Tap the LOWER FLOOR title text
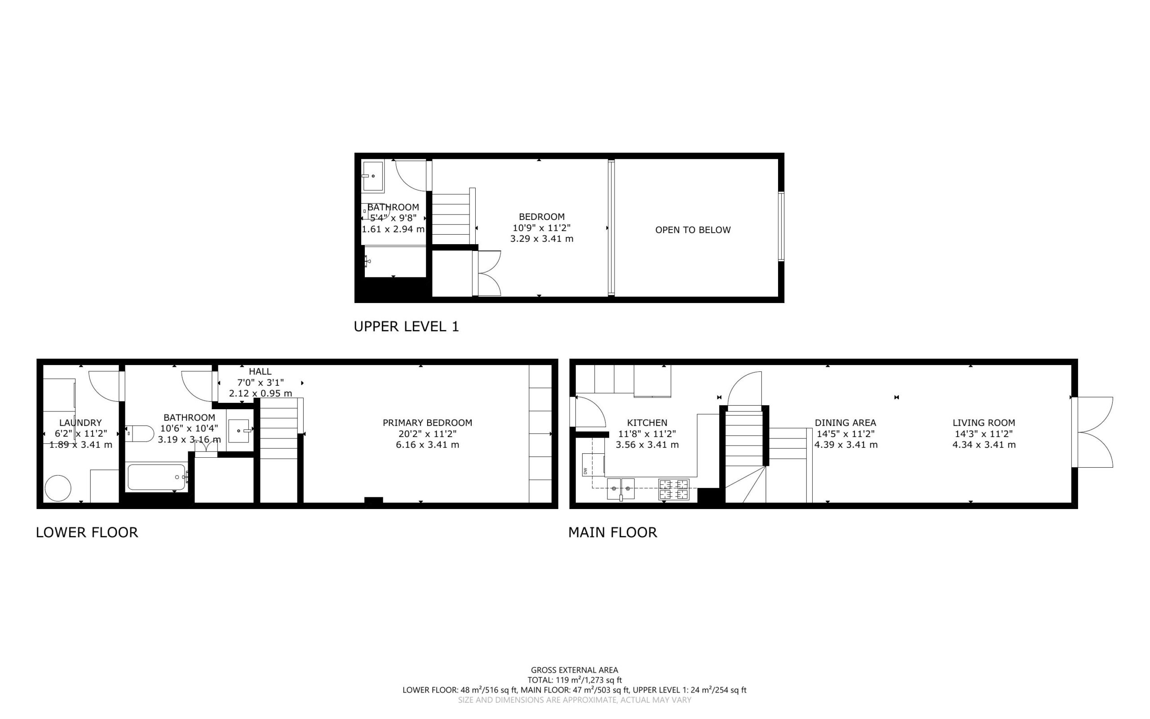pyautogui.click(x=87, y=532)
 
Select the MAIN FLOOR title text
pyautogui.click(x=613, y=532)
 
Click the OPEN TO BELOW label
pyautogui.click(x=693, y=230)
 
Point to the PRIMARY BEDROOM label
pyautogui.click(x=428, y=423)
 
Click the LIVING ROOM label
pyautogui.click(x=984, y=423)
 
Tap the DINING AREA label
pyautogui.click(x=845, y=423)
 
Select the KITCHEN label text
pyautogui.click(x=647, y=423)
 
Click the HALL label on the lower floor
pyautogui.click(x=260, y=371)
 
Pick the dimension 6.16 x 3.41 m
pyautogui.click(x=428, y=445)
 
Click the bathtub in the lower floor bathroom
pyautogui.click(x=157, y=477)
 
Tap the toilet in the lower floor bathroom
pyautogui.click(x=140, y=433)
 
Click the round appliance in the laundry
pyautogui.click(x=58, y=488)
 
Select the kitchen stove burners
pyautogui.click(x=673, y=490)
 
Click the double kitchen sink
pyautogui.click(x=621, y=489)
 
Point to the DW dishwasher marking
pyautogui.click(x=585, y=471)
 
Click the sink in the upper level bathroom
pyautogui.click(x=373, y=176)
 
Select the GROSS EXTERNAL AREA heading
pyautogui.click(x=574, y=670)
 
